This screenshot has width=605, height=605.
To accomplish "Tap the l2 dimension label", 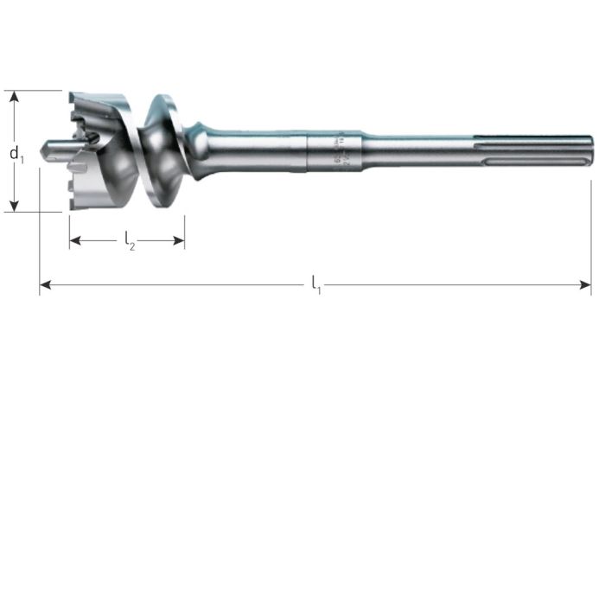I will tap(130, 241).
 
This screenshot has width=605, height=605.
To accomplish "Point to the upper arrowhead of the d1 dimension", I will tap(14, 96).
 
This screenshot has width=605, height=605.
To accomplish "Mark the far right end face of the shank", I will tap(591, 149).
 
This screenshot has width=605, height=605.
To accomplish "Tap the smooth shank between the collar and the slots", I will tap(415, 148).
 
